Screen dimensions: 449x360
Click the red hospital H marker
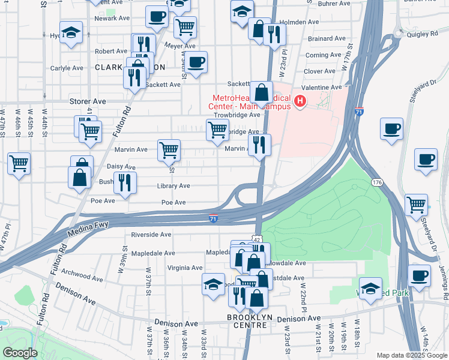[300, 101]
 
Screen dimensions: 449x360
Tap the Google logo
[20, 353]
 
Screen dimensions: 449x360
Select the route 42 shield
[257, 239]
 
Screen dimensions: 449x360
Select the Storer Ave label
[88, 101]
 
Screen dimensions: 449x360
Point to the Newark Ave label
[112, 18]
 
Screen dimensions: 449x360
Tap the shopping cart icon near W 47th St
[19, 163]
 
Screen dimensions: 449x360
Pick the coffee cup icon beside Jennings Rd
[419, 275]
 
